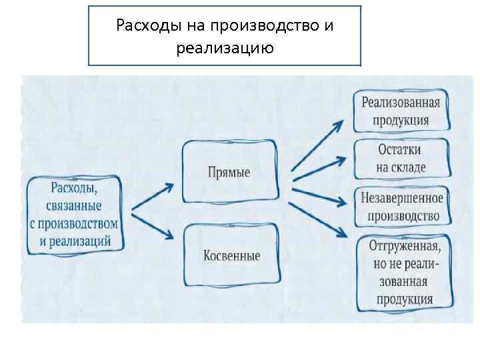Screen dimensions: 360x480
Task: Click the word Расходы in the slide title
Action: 143,26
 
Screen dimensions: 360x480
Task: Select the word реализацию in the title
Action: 225,48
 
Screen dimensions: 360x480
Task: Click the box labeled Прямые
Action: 229,172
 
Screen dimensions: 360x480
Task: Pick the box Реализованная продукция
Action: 401,111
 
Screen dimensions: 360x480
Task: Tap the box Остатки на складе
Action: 401,158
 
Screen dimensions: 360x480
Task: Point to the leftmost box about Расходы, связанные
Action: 75,213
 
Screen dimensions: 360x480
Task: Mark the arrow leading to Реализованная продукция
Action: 317,144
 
